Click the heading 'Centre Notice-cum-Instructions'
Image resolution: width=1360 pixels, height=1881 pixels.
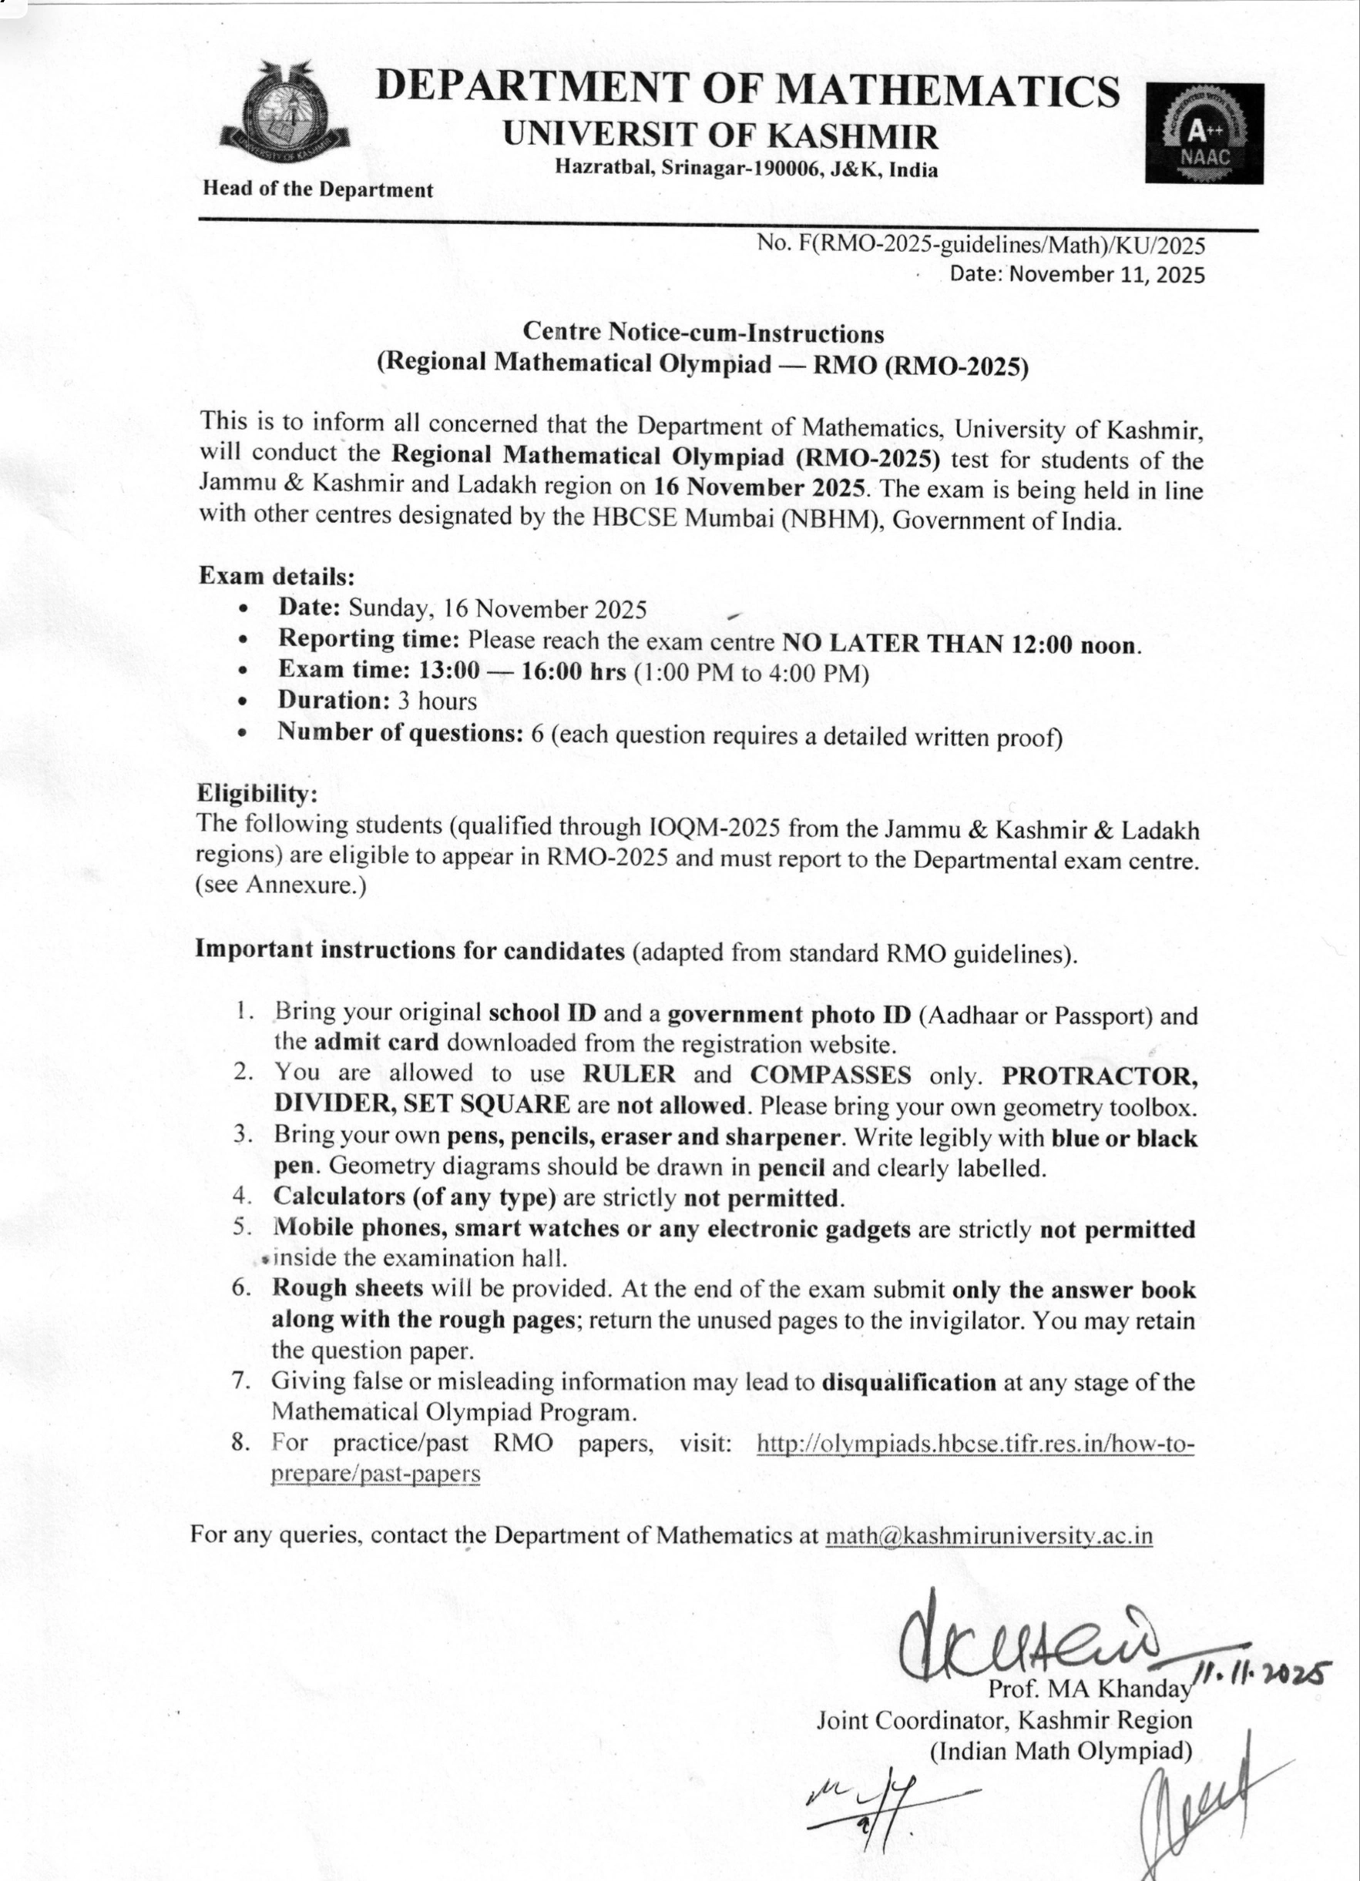tap(703, 333)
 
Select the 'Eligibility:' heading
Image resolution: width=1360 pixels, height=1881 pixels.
tap(257, 794)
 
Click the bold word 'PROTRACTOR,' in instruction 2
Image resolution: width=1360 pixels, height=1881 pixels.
tap(1099, 1076)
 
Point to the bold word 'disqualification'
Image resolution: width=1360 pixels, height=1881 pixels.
tap(908, 1383)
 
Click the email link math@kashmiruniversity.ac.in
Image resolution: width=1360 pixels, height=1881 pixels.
tap(989, 1535)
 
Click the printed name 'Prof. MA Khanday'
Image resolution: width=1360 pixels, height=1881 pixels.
tap(1089, 1688)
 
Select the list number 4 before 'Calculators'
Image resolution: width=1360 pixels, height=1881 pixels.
tap(241, 1197)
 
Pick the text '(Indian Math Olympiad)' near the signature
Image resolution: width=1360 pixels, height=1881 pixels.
tap(1060, 1751)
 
